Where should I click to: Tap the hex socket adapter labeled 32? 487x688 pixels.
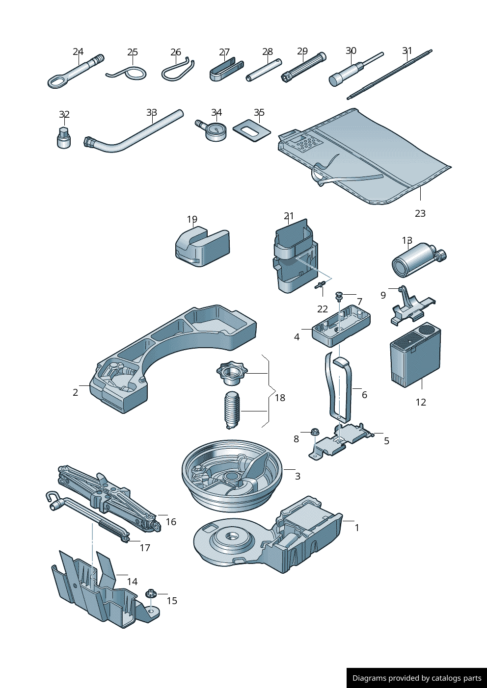click(64, 138)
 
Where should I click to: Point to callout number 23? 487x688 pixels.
click(420, 213)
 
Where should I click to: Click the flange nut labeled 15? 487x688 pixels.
click(151, 594)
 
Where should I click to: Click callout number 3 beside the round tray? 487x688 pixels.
click(298, 476)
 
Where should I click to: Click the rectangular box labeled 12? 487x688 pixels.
click(415, 357)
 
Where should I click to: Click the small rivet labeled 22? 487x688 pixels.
click(321, 285)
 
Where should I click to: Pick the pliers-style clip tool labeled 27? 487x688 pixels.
click(225, 70)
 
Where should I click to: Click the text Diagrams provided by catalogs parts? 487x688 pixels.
click(417, 678)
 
